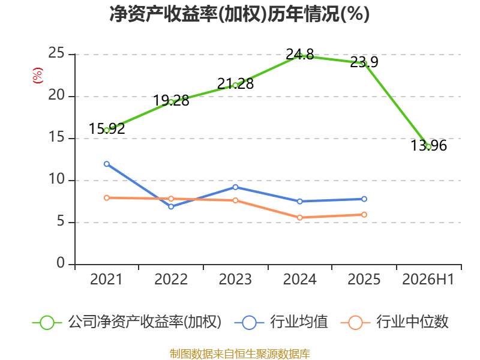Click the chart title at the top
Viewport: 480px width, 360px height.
tap(239, 14)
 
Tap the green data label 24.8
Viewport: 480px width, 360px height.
tap(299, 55)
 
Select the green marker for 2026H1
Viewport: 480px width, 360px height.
tap(428, 147)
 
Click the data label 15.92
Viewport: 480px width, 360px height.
tap(107, 128)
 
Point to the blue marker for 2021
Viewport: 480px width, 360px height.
tap(107, 164)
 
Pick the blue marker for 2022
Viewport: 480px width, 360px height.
tap(171, 206)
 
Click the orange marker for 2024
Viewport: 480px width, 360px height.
tap(299, 218)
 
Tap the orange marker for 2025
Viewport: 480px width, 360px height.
tap(364, 215)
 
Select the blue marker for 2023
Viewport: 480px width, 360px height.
tap(235, 187)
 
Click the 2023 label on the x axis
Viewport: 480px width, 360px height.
tap(235, 279)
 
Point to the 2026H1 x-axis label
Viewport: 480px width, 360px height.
tap(428, 279)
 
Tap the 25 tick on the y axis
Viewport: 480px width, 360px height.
tap(56, 53)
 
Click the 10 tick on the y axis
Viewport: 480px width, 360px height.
tap(56, 179)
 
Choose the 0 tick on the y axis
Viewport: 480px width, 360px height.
tap(61, 263)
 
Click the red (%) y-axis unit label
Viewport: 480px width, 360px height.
tap(38, 76)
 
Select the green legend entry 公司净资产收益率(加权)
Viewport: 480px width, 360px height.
tap(127, 322)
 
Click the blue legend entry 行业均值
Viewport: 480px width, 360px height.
tap(281, 322)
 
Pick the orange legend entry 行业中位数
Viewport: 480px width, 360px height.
tap(394, 322)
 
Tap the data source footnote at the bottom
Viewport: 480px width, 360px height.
tap(240, 354)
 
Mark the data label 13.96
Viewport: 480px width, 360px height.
tap(428, 145)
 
